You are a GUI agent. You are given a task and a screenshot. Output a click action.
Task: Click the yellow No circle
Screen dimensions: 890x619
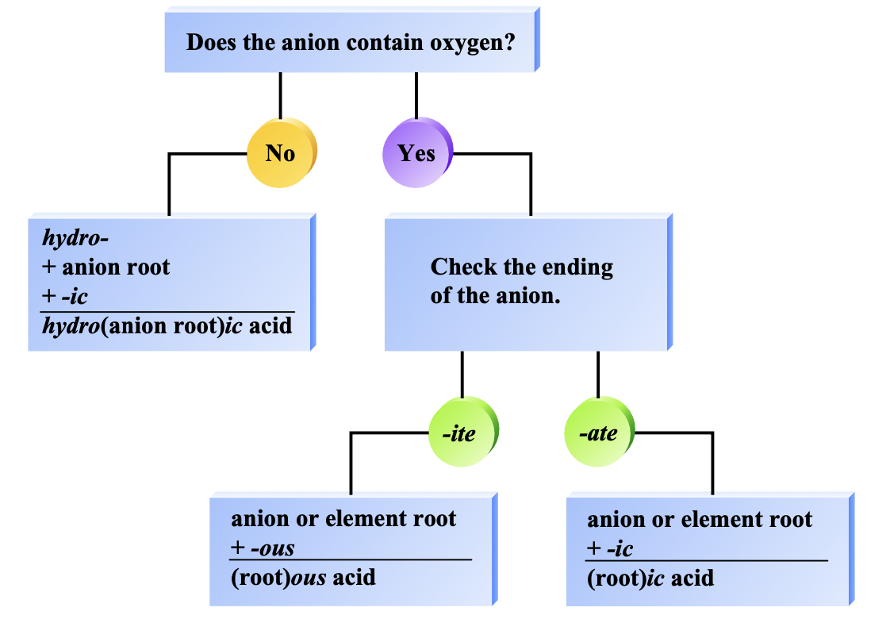(x=282, y=152)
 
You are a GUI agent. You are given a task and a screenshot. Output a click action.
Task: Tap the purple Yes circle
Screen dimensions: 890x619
(x=417, y=152)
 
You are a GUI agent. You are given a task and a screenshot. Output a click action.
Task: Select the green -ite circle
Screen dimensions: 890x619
(x=463, y=432)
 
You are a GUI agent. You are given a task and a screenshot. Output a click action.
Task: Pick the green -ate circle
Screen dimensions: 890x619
(x=599, y=432)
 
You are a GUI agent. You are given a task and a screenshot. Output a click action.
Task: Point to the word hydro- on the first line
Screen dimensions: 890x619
(x=75, y=238)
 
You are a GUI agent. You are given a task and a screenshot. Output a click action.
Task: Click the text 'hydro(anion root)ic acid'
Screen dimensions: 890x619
(x=167, y=326)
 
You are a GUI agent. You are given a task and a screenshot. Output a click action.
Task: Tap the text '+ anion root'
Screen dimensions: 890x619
(x=105, y=267)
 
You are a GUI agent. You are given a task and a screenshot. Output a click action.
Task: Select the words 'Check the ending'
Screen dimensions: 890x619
(x=522, y=267)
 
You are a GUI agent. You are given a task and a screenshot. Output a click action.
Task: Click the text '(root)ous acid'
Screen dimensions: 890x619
(x=303, y=578)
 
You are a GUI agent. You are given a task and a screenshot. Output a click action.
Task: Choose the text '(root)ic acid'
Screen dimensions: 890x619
(x=650, y=578)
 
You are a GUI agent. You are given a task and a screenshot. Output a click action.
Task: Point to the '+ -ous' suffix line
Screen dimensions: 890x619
(x=263, y=548)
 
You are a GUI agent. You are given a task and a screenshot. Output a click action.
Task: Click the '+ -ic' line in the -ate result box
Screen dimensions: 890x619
(x=610, y=548)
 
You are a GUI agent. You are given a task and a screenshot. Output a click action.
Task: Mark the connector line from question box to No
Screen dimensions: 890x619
(x=280, y=95)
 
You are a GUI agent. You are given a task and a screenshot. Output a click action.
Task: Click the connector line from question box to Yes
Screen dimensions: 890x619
(x=416, y=95)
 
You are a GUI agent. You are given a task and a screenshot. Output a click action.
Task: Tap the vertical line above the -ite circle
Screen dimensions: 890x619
(x=462, y=375)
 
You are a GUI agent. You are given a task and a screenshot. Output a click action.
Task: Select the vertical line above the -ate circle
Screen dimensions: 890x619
(x=598, y=375)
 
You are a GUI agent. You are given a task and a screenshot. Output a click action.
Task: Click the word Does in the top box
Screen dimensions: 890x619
(x=211, y=43)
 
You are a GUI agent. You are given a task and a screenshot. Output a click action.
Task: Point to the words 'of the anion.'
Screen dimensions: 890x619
(x=495, y=296)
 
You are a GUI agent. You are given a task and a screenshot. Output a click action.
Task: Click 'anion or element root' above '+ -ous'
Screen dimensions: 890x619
(x=343, y=518)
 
